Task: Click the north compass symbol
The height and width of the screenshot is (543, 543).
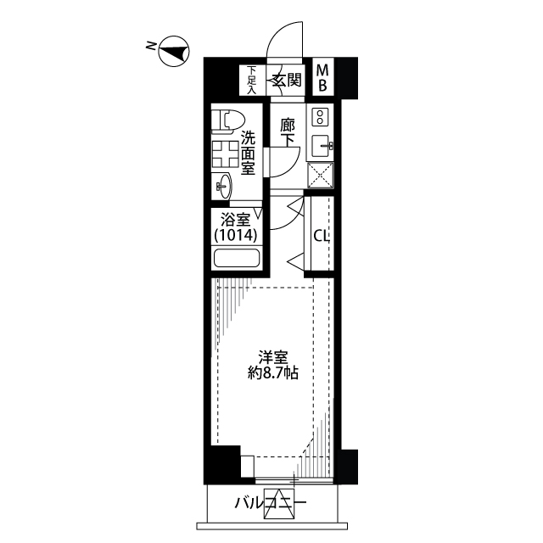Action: (174, 52)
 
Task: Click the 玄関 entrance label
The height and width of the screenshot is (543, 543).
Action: (286, 80)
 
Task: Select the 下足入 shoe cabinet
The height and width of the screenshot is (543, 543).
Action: (253, 80)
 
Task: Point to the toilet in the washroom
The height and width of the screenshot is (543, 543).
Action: (227, 120)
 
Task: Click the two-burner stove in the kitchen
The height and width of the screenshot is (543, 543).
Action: (320, 117)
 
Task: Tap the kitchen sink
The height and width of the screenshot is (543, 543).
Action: (322, 146)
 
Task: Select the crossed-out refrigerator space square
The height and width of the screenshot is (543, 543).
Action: (321, 176)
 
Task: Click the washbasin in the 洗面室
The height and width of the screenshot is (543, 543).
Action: (223, 187)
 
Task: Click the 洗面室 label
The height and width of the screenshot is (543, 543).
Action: (248, 153)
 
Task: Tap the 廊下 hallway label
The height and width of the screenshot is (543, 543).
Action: (288, 132)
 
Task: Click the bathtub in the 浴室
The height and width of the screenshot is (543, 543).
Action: (237, 258)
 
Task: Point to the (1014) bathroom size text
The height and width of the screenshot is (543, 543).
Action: (236, 236)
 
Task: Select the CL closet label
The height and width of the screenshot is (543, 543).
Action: (321, 236)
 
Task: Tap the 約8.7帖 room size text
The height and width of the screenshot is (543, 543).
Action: (273, 373)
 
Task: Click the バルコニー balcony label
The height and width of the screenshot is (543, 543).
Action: (271, 503)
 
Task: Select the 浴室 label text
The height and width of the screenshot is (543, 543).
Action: (236, 221)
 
